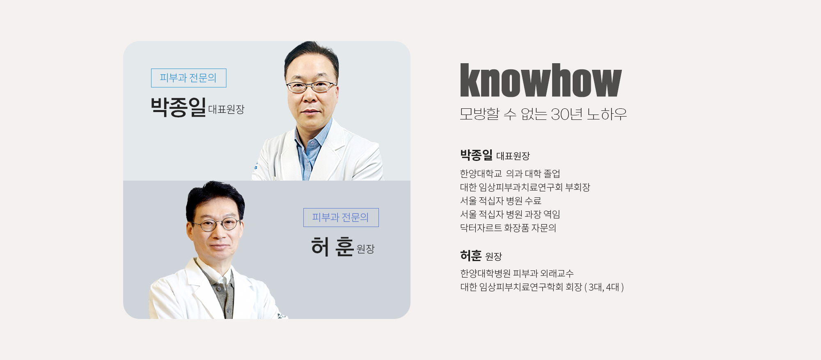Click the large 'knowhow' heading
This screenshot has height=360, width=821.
point(541,80)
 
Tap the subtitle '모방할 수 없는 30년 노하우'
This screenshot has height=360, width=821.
point(543,114)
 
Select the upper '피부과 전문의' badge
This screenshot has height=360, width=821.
point(188,78)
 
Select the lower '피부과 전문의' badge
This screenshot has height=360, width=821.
point(341,218)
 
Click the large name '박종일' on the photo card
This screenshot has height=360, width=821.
point(178,107)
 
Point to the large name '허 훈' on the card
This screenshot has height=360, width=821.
point(333,247)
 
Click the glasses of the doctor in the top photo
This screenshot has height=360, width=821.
point(311,87)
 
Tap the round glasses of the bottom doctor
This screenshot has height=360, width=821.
point(216,224)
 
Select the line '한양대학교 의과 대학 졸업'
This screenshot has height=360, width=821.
point(510,174)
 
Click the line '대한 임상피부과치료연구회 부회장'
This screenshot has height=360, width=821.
point(525,187)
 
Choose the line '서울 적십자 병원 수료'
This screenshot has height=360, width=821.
point(500,201)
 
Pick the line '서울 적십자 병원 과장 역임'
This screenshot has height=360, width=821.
point(510,214)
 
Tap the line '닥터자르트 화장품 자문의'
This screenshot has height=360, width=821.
point(508,228)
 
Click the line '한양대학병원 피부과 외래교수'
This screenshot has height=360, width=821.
point(517,273)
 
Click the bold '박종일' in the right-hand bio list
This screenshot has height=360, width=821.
point(476,155)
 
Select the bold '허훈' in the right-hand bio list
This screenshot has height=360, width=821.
point(471,256)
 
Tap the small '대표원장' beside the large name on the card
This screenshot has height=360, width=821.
point(226,110)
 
